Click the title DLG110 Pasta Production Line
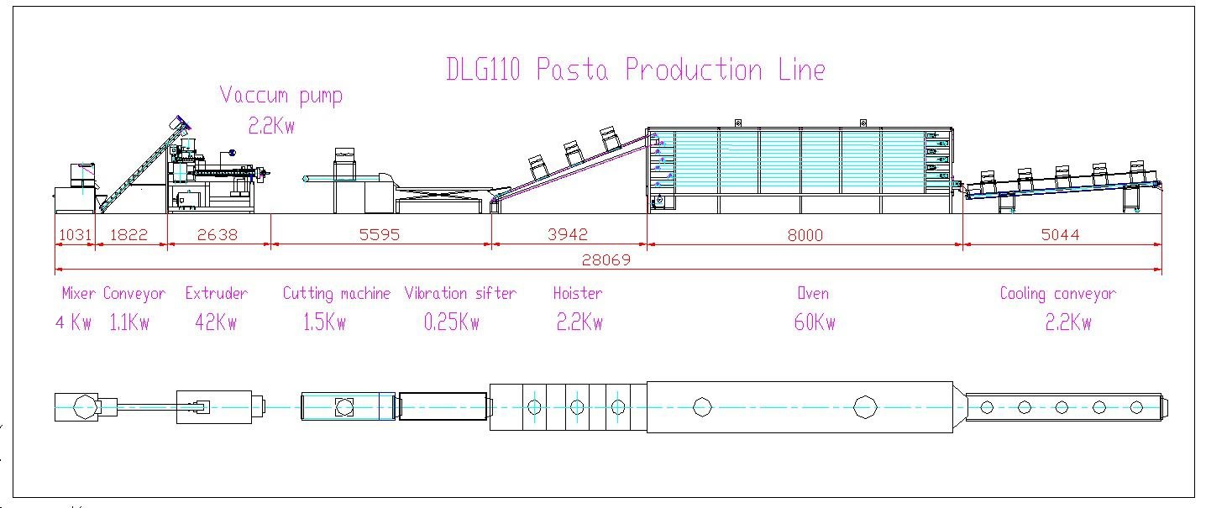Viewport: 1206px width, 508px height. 636,70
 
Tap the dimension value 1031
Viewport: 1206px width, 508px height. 75,234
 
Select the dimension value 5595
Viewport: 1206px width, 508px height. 380,234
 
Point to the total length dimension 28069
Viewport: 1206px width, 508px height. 606,260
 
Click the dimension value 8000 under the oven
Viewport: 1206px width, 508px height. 805,235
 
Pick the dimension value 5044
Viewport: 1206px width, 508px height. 1060,234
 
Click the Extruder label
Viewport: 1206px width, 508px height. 217,293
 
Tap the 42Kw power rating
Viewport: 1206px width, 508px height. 216,322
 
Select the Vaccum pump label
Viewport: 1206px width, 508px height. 281,96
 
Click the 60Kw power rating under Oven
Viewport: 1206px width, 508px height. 815,322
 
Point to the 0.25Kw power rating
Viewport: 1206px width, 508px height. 451,322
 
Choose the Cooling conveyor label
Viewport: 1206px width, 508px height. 1058,294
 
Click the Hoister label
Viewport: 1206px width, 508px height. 578,293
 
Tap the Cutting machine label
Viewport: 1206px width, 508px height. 337,294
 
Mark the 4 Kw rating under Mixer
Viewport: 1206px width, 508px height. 73,322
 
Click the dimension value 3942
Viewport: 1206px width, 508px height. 568,234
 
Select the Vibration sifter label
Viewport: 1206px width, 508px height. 460,293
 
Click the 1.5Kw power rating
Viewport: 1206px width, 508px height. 324,322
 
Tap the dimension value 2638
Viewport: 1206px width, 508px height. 217,234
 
